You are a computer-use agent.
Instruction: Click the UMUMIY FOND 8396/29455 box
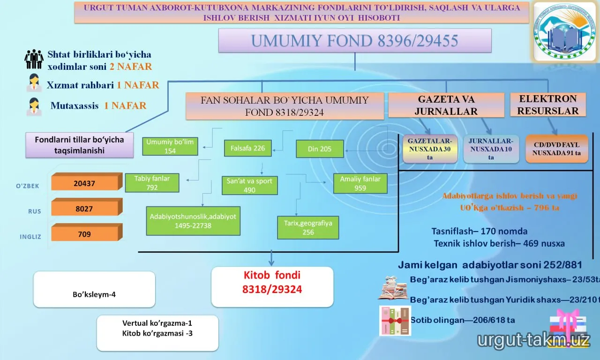tap(355, 40)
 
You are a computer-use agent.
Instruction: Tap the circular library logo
tap(565, 31)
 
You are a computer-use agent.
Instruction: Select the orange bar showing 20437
tap(87, 181)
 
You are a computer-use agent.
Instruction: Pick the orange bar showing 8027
tap(87, 207)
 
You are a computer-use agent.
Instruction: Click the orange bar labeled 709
tap(87, 232)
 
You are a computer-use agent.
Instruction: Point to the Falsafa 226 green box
tap(248, 148)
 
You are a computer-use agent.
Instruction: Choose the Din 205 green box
tap(320, 149)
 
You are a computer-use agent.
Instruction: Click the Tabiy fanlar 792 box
tap(152, 183)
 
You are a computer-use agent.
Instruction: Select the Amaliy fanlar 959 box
tap(360, 183)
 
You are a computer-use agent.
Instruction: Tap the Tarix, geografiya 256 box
tap(308, 227)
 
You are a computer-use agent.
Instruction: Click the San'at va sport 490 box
tap(250, 185)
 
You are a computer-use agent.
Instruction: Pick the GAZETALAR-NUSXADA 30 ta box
tap(430, 149)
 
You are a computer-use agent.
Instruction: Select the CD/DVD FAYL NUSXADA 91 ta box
tap(556, 149)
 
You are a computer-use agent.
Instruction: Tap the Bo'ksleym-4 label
tap(94, 294)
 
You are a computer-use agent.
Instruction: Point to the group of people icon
tap(34, 59)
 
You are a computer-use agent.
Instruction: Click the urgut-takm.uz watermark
tap(533, 340)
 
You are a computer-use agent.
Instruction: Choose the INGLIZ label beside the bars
tap(30, 237)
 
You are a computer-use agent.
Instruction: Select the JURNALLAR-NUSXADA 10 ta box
tap(491, 149)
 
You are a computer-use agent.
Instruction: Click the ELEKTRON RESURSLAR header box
tap(548, 105)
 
